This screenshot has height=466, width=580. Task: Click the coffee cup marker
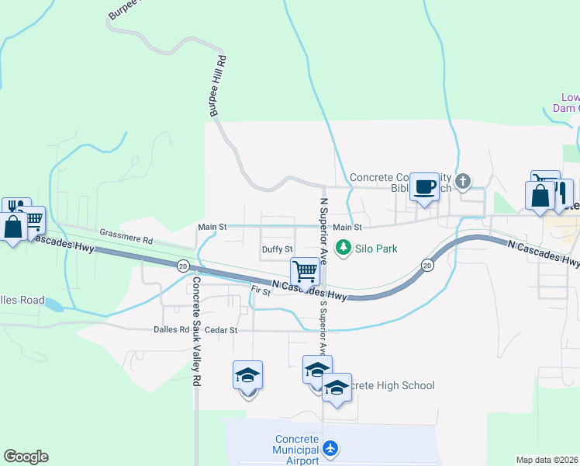click(424, 187)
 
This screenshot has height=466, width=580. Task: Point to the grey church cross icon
click(463, 182)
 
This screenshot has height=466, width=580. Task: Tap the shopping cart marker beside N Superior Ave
click(306, 272)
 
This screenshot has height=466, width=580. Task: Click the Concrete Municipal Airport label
click(296, 450)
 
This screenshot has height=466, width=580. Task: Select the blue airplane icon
click(331, 448)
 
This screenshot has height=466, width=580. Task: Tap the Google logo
click(26, 457)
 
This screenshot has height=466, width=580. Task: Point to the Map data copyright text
click(546, 460)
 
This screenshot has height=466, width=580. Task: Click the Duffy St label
click(277, 249)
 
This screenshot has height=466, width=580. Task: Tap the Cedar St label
click(222, 329)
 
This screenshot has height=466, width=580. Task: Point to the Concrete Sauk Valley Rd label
click(197, 332)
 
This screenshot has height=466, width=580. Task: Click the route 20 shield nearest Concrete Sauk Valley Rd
click(182, 265)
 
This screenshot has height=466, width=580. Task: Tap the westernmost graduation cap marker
click(248, 375)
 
